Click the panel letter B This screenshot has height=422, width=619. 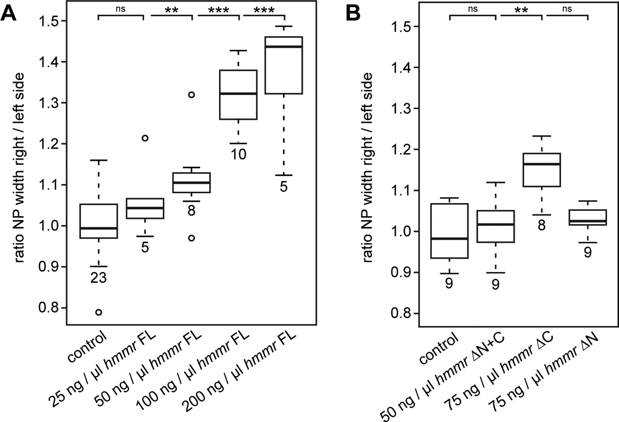(353, 12)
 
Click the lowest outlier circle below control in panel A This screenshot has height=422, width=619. (98, 312)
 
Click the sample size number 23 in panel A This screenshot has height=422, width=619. (98, 278)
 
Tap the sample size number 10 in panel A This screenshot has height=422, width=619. (238, 155)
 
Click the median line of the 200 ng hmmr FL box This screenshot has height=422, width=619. (284, 47)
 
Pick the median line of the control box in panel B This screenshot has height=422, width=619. (449, 238)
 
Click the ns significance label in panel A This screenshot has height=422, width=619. (120, 9)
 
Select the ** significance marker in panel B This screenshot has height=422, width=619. (521, 10)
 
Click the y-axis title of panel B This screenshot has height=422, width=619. (368, 168)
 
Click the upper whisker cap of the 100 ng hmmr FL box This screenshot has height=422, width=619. (238, 51)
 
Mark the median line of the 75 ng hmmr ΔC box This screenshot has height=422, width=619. (542, 164)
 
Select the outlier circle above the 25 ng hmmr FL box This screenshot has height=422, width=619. (145, 138)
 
